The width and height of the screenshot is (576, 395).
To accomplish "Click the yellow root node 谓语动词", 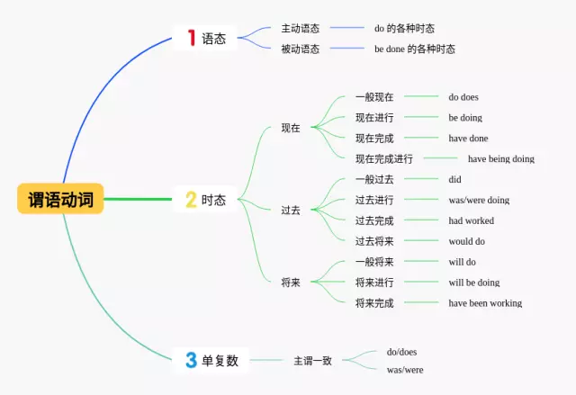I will click(x=60, y=199).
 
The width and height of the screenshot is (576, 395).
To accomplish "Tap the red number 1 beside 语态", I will click(x=191, y=38).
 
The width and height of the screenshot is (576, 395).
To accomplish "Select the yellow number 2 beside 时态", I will click(x=191, y=201).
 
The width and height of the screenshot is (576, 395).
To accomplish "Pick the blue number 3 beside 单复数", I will click(x=191, y=361).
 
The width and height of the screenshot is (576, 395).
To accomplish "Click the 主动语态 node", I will click(x=300, y=28).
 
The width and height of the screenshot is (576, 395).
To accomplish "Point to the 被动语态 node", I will click(x=300, y=49).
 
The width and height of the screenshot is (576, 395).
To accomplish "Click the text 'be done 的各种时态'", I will click(x=414, y=49).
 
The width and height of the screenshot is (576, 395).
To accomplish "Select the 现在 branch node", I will click(x=291, y=128).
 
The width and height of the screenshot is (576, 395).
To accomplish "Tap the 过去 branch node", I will click(x=291, y=210).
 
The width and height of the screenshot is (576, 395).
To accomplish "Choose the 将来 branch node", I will click(x=291, y=283).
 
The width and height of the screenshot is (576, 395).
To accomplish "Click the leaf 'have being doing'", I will click(x=500, y=159).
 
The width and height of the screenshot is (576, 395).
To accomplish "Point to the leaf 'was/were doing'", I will click(x=479, y=200).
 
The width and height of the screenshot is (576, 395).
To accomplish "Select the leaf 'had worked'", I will click(x=471, y=220).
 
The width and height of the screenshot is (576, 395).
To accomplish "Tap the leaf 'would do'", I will click(x=466, y=241).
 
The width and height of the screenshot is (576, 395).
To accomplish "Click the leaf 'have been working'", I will click(x=485, y=303).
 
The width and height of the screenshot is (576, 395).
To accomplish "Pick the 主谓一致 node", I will click(x=312, y=361).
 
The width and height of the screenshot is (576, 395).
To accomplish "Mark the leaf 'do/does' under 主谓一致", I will click(x=401, y=352).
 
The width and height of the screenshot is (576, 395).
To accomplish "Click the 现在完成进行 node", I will click(x=383, y=159).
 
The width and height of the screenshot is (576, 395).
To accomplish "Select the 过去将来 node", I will click(x=374, y=241).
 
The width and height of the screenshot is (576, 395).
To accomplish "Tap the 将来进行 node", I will click(x=374, y=283).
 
